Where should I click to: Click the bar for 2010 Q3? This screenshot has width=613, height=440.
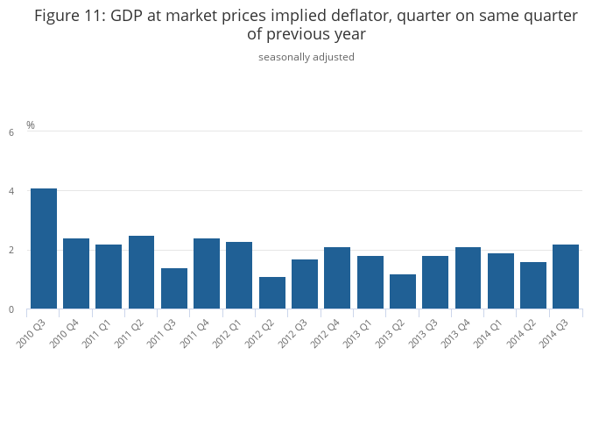(x=44, y=249)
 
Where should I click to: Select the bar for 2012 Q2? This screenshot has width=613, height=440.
(x=272, y=293)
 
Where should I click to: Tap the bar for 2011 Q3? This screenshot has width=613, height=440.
(x=174, y=288)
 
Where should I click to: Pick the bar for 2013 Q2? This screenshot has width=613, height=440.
(x=403, y=291)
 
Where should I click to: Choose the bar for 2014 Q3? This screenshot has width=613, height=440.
(x=566, y=276)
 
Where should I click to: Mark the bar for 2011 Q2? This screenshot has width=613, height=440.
(x=142, y=272)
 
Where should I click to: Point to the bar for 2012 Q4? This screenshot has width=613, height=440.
(x=337, y=278)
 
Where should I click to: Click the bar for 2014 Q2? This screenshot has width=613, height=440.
(x=533, y=285)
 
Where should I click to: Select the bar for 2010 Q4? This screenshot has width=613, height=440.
(x=76, y=273)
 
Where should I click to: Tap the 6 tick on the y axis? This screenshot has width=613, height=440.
(x=11, y=132)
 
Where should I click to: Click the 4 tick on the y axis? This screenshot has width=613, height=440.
(x=11, y=191)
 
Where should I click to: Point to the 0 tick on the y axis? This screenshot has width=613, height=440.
(x=11, y=309)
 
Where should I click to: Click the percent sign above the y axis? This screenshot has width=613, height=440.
(x=31, y=125)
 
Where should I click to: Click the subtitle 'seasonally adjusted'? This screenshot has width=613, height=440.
(x=306, y=57)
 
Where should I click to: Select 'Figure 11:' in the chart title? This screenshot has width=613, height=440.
(x=70, y=16)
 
